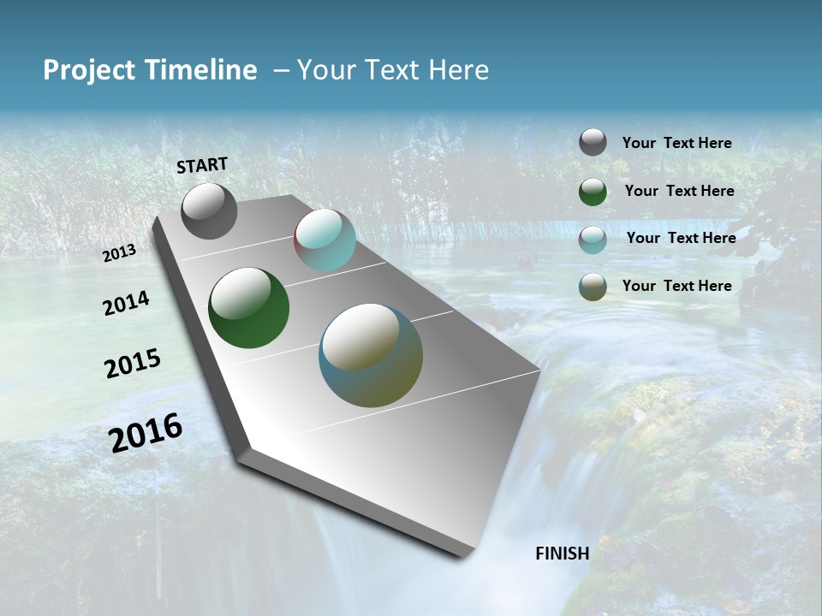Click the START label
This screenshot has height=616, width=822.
pos(202,164)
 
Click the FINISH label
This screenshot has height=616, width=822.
pos(562,553)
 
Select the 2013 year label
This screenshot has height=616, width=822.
pos(120,252)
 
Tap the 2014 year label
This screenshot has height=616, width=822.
pos(126,303)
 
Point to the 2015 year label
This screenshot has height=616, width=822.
pos(133,364)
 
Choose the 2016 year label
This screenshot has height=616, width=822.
pos(146,433)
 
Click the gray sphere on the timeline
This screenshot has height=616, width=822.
pos(209,211)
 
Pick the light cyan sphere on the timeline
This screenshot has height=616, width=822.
pos(325,240)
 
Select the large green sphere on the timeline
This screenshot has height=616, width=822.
pos(248,308)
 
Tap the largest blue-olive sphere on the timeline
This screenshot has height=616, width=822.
pos(370,355)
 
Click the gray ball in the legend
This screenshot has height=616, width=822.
pos(593,142)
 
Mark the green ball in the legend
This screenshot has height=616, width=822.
pos(593,192)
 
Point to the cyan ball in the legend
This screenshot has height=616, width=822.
pos(593,240)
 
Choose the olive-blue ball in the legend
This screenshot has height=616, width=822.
pos(593,287)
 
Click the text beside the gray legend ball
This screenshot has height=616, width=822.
pos(676,143)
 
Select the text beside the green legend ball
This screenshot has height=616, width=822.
pos(679,191)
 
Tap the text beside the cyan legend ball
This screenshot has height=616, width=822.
pos(681,238)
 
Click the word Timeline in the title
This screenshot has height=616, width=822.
pos(201,70)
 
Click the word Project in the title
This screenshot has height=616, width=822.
pos(87,70)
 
